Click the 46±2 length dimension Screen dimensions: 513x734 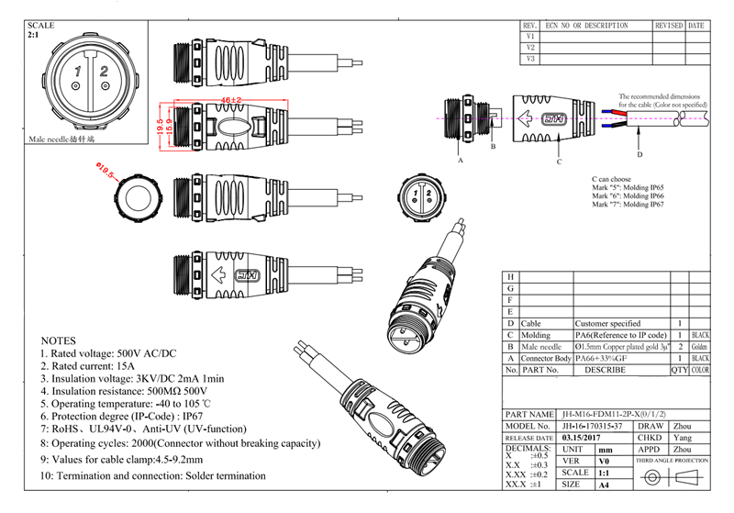pos(230,99)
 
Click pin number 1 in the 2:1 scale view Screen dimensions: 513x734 pos(79,70)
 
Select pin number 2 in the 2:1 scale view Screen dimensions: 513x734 pos(104,70)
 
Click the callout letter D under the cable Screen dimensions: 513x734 pos(639,152)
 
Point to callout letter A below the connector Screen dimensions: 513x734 pos(460,160)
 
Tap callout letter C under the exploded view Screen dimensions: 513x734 pos(559,162)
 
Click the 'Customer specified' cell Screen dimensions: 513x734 pos(606,324)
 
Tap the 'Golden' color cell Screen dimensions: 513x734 pos(700,348)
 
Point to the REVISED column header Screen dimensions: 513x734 pos(668,26)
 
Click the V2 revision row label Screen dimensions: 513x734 pos(530,47)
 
